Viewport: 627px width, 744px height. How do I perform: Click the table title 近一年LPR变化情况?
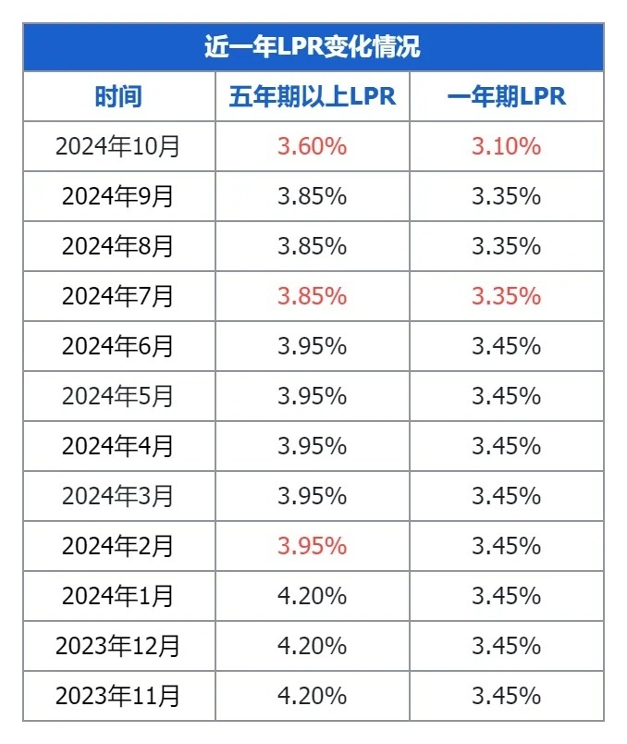point(313,47)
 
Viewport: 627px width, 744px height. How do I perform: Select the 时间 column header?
point(118,96)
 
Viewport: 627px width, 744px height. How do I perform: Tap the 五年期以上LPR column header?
point(313,96)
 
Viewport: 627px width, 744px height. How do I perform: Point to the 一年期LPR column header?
point(506,96)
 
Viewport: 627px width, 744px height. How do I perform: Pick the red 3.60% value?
point(313,146)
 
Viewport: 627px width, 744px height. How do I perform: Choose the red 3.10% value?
point(506,146)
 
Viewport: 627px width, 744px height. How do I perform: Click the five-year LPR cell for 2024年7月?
point(313,296)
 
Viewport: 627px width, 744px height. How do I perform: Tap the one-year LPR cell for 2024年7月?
point(506,296)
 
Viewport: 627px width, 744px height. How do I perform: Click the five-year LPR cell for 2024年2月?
point(313,546)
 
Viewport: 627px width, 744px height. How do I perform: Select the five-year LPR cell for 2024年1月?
point(313,596)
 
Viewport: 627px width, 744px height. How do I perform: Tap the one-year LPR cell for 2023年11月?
point(506,695)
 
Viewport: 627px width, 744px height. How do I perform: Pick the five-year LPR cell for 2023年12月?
point(313,646)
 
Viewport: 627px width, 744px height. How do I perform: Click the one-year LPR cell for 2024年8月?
point(506,246)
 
